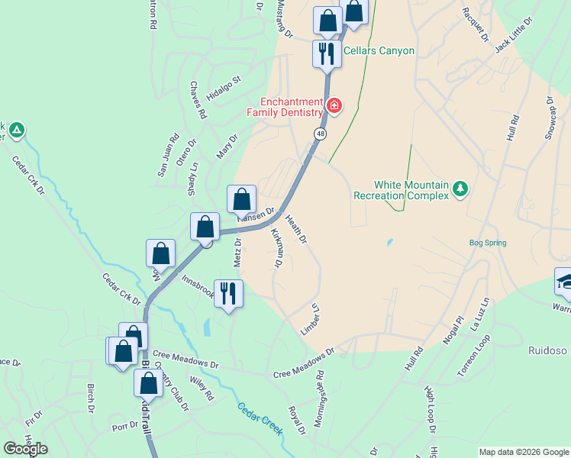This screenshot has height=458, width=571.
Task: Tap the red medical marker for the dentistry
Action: tap(334, 105)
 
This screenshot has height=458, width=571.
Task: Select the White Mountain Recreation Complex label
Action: tap(401, 190)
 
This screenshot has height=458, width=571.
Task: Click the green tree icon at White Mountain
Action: tap(460, 188)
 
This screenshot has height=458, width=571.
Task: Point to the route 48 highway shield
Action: tap(320, 134)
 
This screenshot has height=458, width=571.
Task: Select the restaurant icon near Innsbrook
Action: tap(228, 292)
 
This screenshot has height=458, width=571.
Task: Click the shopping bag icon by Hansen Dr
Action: tap(242, 200)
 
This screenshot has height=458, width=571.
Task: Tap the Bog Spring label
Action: tap(488, 244)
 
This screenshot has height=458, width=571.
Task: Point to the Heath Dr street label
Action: tap(296, 229)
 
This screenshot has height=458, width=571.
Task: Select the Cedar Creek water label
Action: tap(260, 419)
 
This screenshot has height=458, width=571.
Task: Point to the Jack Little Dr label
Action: tap(511, 38)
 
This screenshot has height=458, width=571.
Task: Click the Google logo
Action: tap(26, 449)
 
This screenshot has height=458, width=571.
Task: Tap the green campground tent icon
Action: tap(17, 131)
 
